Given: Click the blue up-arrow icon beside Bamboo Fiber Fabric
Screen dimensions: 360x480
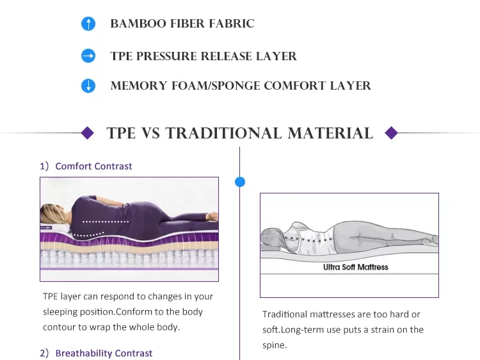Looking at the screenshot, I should [88, 24].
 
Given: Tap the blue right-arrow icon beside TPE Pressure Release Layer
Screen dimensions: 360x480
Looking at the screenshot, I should [88, 56].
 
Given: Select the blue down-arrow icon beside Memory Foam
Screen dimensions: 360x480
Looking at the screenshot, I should [88, 86].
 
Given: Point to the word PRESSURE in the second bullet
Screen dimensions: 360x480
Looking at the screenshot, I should [168, 56].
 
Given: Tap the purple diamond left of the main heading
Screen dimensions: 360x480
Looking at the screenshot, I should [88, 133].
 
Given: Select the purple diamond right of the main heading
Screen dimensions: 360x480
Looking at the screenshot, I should [392, 133].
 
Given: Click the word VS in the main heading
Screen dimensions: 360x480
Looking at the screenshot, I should [150, 133].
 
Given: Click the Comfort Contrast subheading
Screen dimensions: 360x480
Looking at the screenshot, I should [93, 166].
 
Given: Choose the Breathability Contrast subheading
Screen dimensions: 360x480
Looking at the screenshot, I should [104, 353].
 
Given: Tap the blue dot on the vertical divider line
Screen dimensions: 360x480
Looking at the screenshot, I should [240, 182].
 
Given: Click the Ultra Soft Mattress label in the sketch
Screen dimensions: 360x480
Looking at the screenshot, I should [355, 267].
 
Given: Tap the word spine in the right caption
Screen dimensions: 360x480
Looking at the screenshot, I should [274, 345].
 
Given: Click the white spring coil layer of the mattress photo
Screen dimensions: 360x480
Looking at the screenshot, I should [128, 259].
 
